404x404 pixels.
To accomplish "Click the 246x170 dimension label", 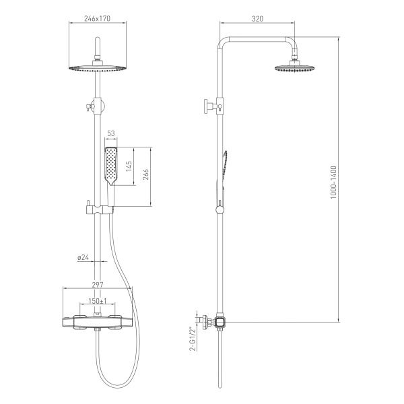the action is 97,19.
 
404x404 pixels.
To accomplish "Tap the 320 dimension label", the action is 257,19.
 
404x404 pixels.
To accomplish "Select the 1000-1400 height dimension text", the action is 333,182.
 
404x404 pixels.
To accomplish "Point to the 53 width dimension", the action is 111,133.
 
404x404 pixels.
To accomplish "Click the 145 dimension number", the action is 129,166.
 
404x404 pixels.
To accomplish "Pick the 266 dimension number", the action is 145,174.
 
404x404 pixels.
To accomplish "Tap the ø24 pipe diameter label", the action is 83,257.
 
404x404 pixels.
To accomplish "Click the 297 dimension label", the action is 98,285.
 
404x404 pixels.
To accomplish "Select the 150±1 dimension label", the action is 98,301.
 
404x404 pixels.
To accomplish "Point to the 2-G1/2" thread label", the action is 192,339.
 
